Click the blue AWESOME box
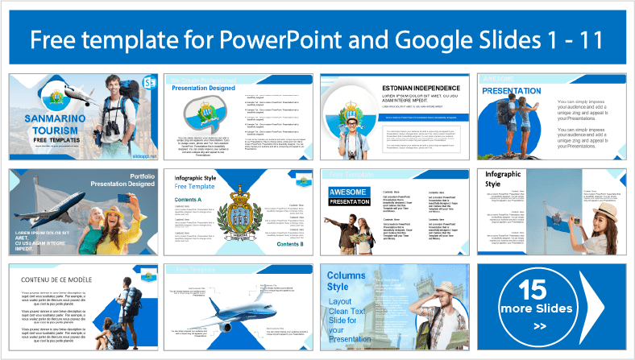point(348,191)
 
